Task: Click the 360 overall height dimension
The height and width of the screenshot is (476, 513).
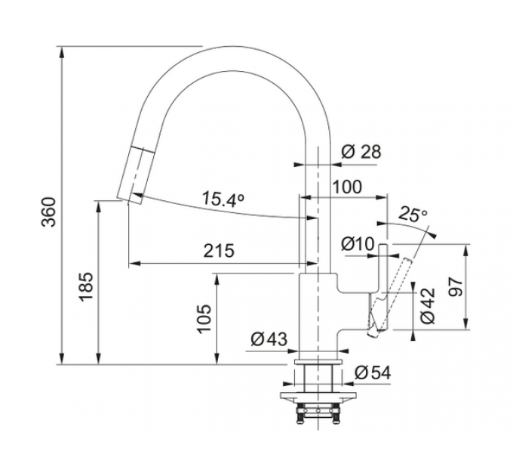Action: click(x=50, y=212)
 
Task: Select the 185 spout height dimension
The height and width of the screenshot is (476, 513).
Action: click(x=86, y=286)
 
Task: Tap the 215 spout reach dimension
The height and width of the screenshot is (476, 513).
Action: click(x=220, y=252)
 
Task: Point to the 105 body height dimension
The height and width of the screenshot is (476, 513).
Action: click(x=204, y=319)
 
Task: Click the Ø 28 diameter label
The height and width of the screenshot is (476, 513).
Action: click(x=361, y=152)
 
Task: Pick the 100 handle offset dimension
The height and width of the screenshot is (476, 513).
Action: click(x=347, y=187)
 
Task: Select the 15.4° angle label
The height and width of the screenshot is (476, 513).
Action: click(x=223, y=199)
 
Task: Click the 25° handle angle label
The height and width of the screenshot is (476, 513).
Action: click(x=413, y=215)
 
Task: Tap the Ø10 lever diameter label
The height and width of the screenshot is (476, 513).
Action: click(x=358, y=244)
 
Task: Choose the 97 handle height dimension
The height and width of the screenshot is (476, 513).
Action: click(x=456, y=287)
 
